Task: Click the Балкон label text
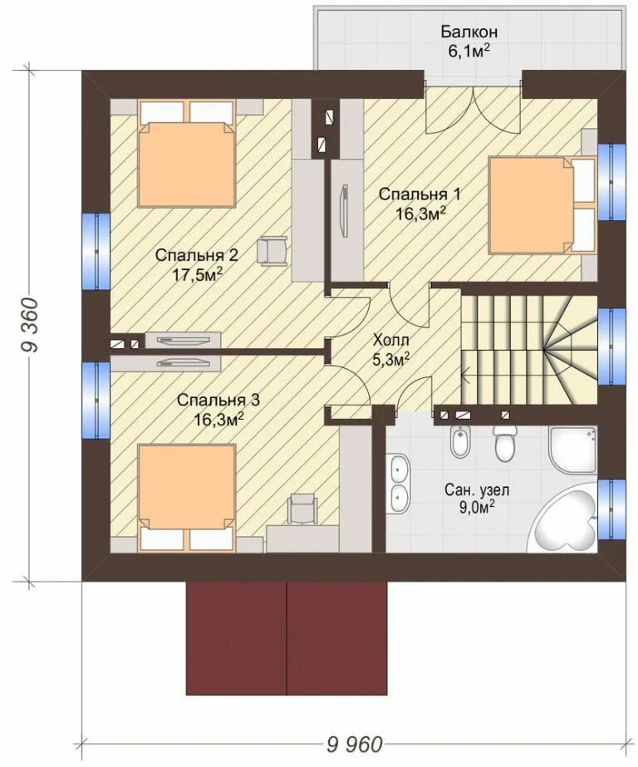(469, 32)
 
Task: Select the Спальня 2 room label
(197, 255)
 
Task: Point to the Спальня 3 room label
(218, 401)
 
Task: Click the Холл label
(391, 339)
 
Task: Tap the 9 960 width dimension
(354, 745)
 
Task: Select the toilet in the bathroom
(505, 442)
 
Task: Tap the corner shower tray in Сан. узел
(573, 449)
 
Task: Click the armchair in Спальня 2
(272, 251)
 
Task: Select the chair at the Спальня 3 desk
(302, 509)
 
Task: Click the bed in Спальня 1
(542, 205)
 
